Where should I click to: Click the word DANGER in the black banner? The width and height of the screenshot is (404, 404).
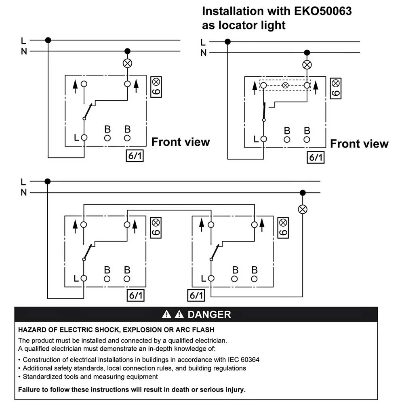pyautogui.click(x=209, y=314)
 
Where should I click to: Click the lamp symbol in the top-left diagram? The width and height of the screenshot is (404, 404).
pyautogui.click(x=127, y=63)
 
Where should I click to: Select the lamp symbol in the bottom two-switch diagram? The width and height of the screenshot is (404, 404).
pyautogui.click(x=303, y=209)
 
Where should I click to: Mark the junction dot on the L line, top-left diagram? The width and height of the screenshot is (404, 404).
pyautogui.click(x=48, y=40)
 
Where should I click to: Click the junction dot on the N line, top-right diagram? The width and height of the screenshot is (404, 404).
pyautogui.click(x=307, y=52)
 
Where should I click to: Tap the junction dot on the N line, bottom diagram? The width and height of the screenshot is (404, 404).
pyautogui.click(x=303, y=192)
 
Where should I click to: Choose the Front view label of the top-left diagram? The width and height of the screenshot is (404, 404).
pyautogui.click(x=181, y=142)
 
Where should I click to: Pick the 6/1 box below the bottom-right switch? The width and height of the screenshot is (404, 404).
pyautogui.click(x=196, y=295)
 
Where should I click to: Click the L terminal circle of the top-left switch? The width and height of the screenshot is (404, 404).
pyautogui.click(x=84, y=138)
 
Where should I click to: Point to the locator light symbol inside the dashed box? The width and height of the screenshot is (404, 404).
pyautogui.click(x=285, y=86)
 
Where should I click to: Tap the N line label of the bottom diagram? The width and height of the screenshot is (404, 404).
pyautogui.click(x=23, y=193)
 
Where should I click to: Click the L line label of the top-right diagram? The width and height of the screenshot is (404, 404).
pyautogui.click(x=203, y=42)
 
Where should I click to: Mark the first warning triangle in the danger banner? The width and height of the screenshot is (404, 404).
pyautogui.click(x=165, y=315)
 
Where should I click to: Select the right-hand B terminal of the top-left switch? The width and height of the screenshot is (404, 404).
pyautogui.click(x=127, y=138)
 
